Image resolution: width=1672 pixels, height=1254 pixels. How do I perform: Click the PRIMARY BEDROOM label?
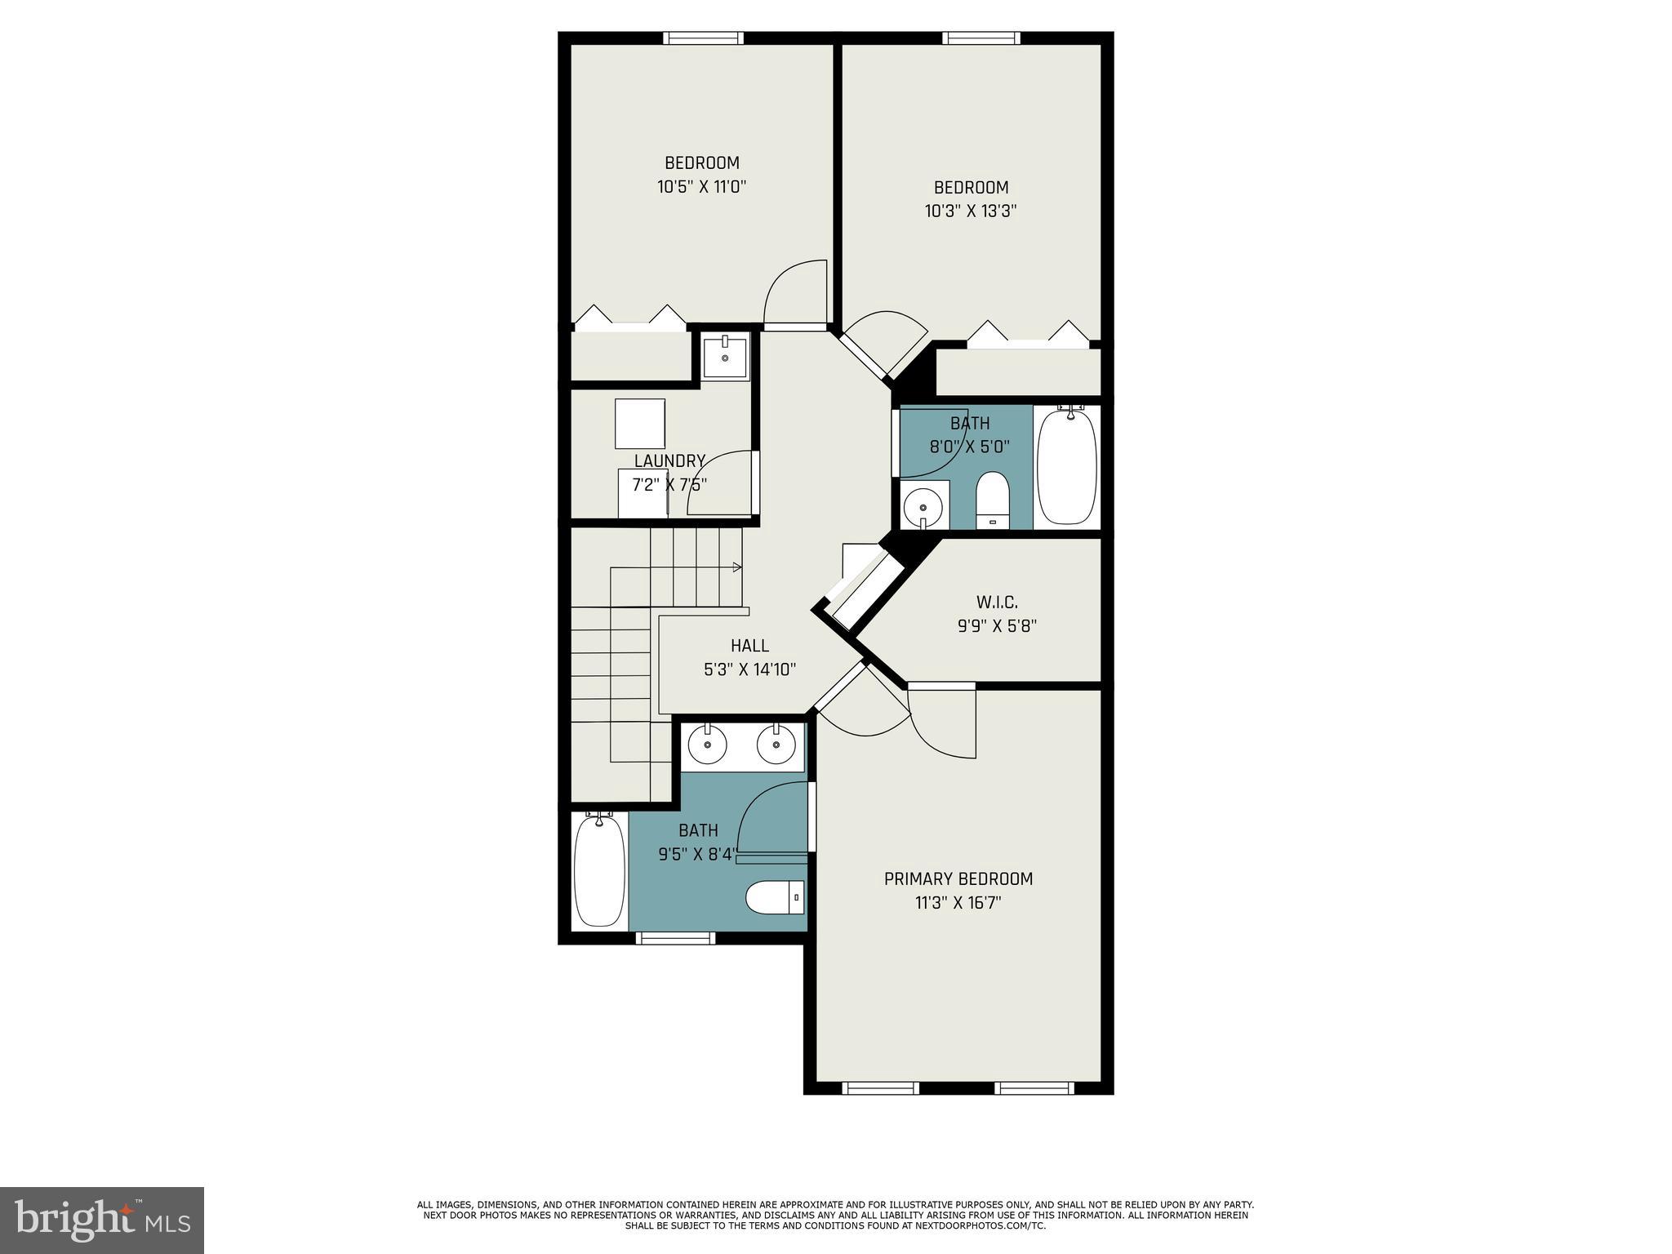click(958, 878)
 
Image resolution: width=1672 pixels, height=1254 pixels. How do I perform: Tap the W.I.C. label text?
click(997, 603)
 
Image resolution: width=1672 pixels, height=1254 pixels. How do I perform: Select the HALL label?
click(749, 646)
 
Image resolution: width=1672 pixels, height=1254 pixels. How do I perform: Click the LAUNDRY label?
click(669, 461)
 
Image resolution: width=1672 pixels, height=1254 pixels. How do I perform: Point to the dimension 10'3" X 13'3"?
click(971, 211)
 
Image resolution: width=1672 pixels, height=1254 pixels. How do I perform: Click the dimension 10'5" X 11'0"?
click(702, 187)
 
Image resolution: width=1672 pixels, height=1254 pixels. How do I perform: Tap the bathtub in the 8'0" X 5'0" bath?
click(1067, 466)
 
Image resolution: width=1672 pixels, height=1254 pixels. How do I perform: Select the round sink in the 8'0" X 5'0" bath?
click(923, 507)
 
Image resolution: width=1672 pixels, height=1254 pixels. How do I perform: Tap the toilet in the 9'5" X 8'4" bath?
click(775, 899)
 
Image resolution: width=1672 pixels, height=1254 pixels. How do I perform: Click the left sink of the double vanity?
click(707, 744)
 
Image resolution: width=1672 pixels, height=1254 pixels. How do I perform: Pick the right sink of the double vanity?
click(776, 744)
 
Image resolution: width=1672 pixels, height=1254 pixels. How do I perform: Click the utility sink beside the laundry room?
click(725, 357)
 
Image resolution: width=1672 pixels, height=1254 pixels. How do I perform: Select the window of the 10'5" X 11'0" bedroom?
click(703, 38)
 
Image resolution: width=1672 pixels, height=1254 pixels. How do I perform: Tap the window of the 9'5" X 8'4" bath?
click(675, 939)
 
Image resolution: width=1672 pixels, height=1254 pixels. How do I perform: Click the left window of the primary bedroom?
click(880, 1087)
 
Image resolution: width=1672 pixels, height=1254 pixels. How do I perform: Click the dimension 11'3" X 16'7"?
click(958, 903)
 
